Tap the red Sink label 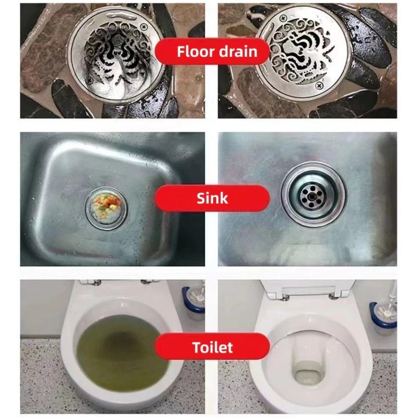coord(212,198)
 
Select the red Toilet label coord(212,347)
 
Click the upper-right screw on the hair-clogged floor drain coord(144,27)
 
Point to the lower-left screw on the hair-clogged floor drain coord(89,80)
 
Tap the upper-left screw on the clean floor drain coord(283,19)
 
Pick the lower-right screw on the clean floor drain coord(319,86)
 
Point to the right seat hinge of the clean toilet coord(332,296)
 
